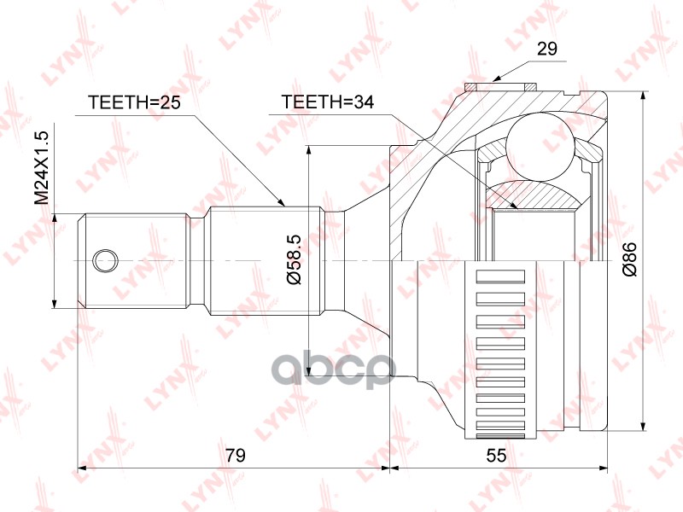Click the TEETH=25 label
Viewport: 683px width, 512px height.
pyautogui.click(x=134, y=102)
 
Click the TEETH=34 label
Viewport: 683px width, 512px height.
pyautogui.click(x=328, y=102)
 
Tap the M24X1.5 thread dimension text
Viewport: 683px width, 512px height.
pyautogui.click(x=43, y=168)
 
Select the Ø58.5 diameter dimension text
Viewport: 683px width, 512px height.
pyautogui.click(x=294, y=259)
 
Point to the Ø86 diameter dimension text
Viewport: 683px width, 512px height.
pyautogui.click(x=630, y=259)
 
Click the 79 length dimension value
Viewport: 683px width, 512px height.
pyautogui.click(x=236, y=456)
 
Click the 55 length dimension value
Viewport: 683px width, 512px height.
pyautogui.click(x=496, y=456)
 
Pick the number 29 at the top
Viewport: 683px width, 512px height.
pyautogui.click(x=546, y=49)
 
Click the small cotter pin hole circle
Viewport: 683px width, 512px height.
pyautogui.click(x=105, y=262)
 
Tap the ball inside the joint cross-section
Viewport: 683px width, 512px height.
pyautogui.click(x=540, y=146)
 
